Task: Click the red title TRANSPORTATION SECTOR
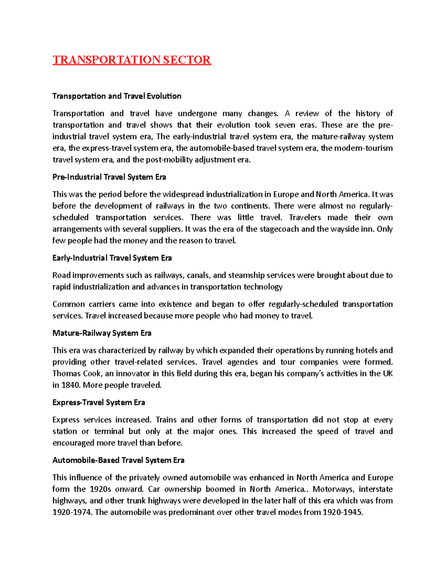pyautogui.click(x=132, y=60)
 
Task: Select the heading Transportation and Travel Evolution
pyautogui.click(x=117, y=96)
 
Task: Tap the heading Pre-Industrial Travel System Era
pyautogui.click(x=109, y=177)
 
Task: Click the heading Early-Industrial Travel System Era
pyautogui.click(x=112, y=258)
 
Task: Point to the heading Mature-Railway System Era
pyautogui.click(x=102, y=333)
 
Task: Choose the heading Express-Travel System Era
pyautogui.click(x=98, y=402)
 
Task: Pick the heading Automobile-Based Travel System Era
pyautogui.click(x=118, y=460)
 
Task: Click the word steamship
pyautogui.click(x=243, y=275)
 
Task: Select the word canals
pyautogui.click(x=198, y=275)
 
